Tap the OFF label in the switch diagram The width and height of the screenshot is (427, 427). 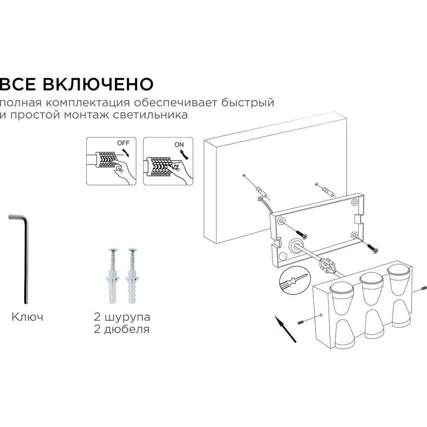point(123,143)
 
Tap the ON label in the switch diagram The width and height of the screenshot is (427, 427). point(179,145)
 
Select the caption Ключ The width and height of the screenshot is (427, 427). point(27,317)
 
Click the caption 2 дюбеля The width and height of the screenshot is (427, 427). point(122,329)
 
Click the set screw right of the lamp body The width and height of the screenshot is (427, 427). point(423,288)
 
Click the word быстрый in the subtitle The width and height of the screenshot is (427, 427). point(248,102)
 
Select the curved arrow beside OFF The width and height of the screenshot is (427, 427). point(126,152)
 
